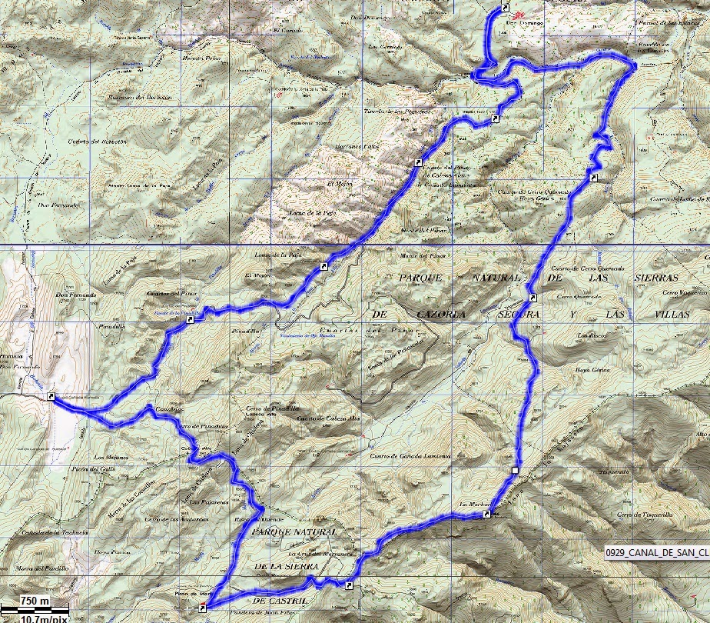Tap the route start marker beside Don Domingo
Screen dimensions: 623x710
(506, 8)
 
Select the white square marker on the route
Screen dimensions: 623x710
(515, 469)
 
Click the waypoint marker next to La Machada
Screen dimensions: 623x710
(487, 514)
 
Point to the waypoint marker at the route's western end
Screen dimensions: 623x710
(51, 396)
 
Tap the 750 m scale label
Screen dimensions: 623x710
(35, 600)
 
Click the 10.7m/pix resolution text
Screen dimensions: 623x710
(44, 617)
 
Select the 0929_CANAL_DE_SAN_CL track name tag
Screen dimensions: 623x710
(655, 551)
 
